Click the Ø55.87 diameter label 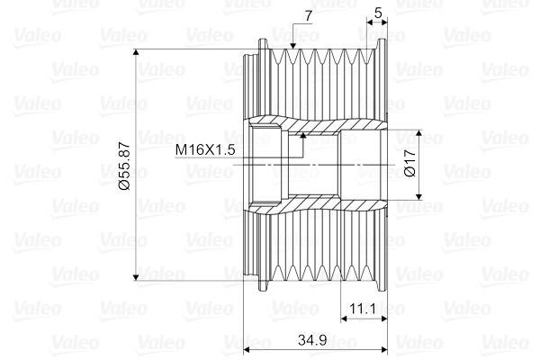[x=125, y=166]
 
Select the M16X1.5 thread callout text [x=205, y=150]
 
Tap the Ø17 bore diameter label [x=410, y=163]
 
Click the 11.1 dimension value [x=363, y=309]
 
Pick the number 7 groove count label [x=308, y=16]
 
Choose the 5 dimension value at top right [x=378, y=13]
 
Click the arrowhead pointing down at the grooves [x=293, y=46]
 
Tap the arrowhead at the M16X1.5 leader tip [x=303, y=136]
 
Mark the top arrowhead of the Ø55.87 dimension [x=136, y=52]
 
